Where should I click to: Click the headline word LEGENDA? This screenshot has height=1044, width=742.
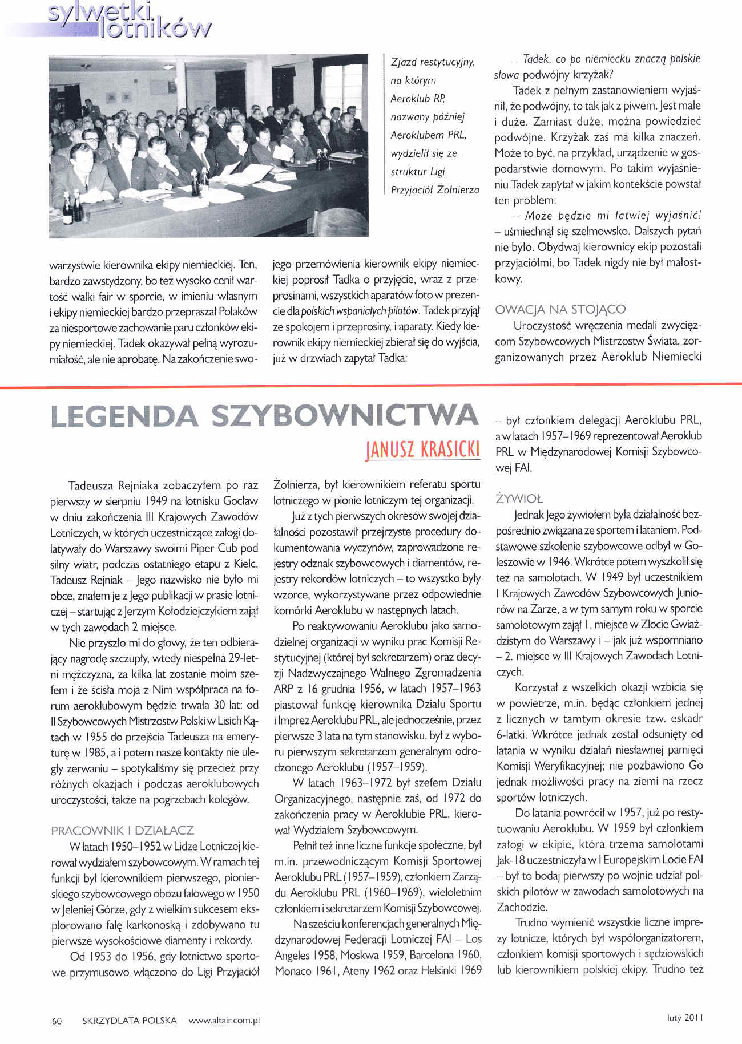tap(124, 416)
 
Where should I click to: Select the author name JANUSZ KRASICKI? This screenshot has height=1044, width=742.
tap(422, 450)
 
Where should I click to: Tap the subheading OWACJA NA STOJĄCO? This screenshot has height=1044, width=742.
tap(560, 309)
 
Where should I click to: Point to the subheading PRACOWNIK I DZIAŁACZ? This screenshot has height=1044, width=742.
tap(123, 830)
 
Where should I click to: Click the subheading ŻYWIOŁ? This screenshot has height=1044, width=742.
tap(519, 499)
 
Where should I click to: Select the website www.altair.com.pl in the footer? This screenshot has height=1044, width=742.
tap(224, 1021)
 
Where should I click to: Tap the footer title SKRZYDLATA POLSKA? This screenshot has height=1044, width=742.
tap(130, 1021)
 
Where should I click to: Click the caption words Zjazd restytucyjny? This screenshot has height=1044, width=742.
tap(433, 62)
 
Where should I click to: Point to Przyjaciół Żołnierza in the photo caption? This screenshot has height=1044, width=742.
tap(435, 190)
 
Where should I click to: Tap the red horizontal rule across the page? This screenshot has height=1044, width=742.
tap(371, 387)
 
